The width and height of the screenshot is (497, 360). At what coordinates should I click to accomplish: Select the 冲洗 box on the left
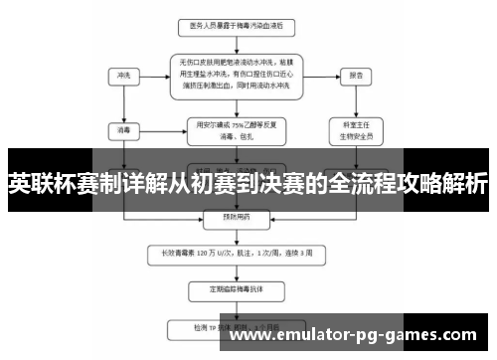[123, 75]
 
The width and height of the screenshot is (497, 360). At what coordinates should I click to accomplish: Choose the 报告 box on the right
[354, 75]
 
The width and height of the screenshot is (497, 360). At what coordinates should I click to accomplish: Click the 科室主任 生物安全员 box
[354, 130]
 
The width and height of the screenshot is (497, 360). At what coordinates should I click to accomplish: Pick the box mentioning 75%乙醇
[238, 129]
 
